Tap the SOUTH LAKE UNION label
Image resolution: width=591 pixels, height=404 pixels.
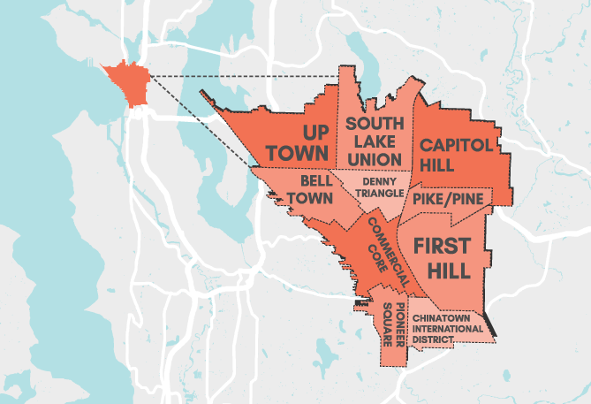[x=375, y=141]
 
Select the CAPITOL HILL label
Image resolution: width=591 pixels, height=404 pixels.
[x=451, y=154]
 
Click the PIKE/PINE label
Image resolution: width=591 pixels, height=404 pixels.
[x=448, y=200]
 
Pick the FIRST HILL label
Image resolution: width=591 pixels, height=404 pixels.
[x=448, y=257]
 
